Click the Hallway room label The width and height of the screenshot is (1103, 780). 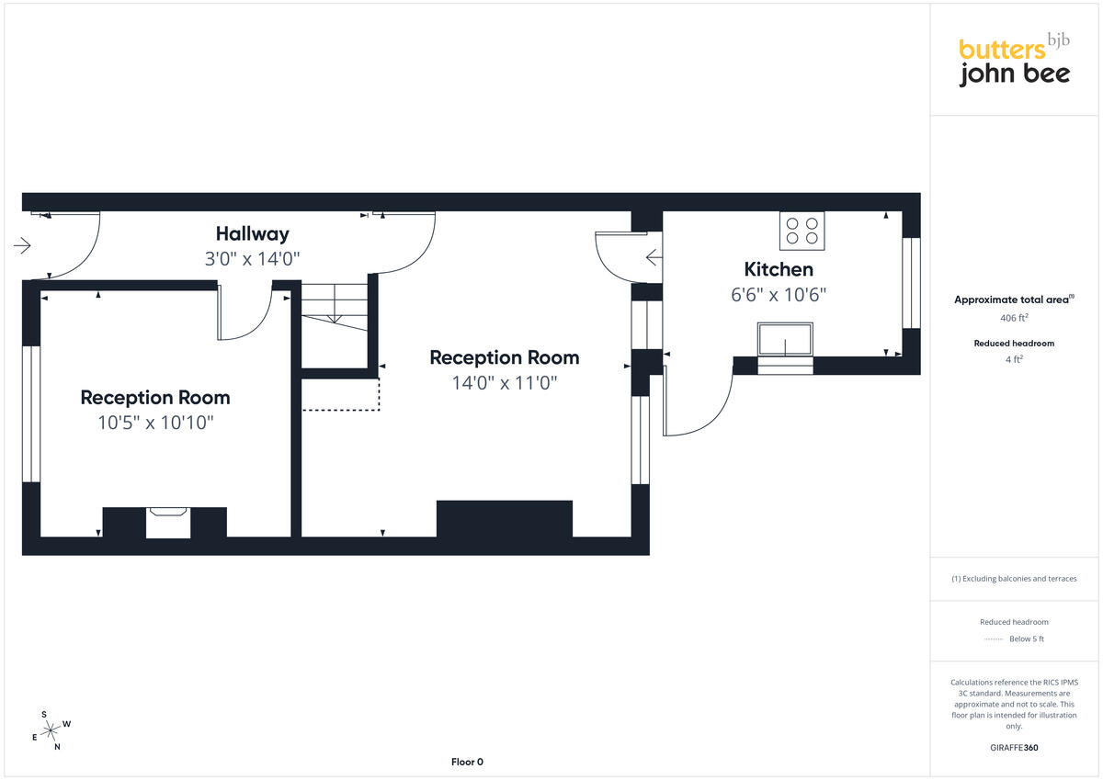(252, 234)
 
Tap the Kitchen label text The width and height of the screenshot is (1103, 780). (779, 270)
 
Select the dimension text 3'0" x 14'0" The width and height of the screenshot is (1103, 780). (252, 259)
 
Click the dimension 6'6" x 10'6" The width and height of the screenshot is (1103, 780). (778, 295)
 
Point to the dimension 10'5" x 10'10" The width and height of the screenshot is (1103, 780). (155, 423)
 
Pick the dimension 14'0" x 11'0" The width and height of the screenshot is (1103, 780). (505, 383)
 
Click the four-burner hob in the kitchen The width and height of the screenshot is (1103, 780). (802, 231)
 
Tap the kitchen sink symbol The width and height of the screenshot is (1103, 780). (785, 339)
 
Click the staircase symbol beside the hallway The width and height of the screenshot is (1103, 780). (335, 307)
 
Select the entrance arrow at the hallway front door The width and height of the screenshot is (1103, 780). (22, 245)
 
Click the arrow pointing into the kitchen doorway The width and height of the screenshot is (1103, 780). (654, 257)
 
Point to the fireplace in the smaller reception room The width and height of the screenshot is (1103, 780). (168, 523)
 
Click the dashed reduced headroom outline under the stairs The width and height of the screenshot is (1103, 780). (340, 394)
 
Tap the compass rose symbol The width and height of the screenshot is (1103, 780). (51, 730)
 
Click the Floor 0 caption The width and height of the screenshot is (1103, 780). (467, 762)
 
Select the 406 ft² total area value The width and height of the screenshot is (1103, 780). (1014, 318)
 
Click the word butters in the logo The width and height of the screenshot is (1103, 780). (1002, 50)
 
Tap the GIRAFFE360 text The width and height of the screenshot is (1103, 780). (1014, 748)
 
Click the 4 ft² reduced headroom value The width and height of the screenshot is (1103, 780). (1014, 359)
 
